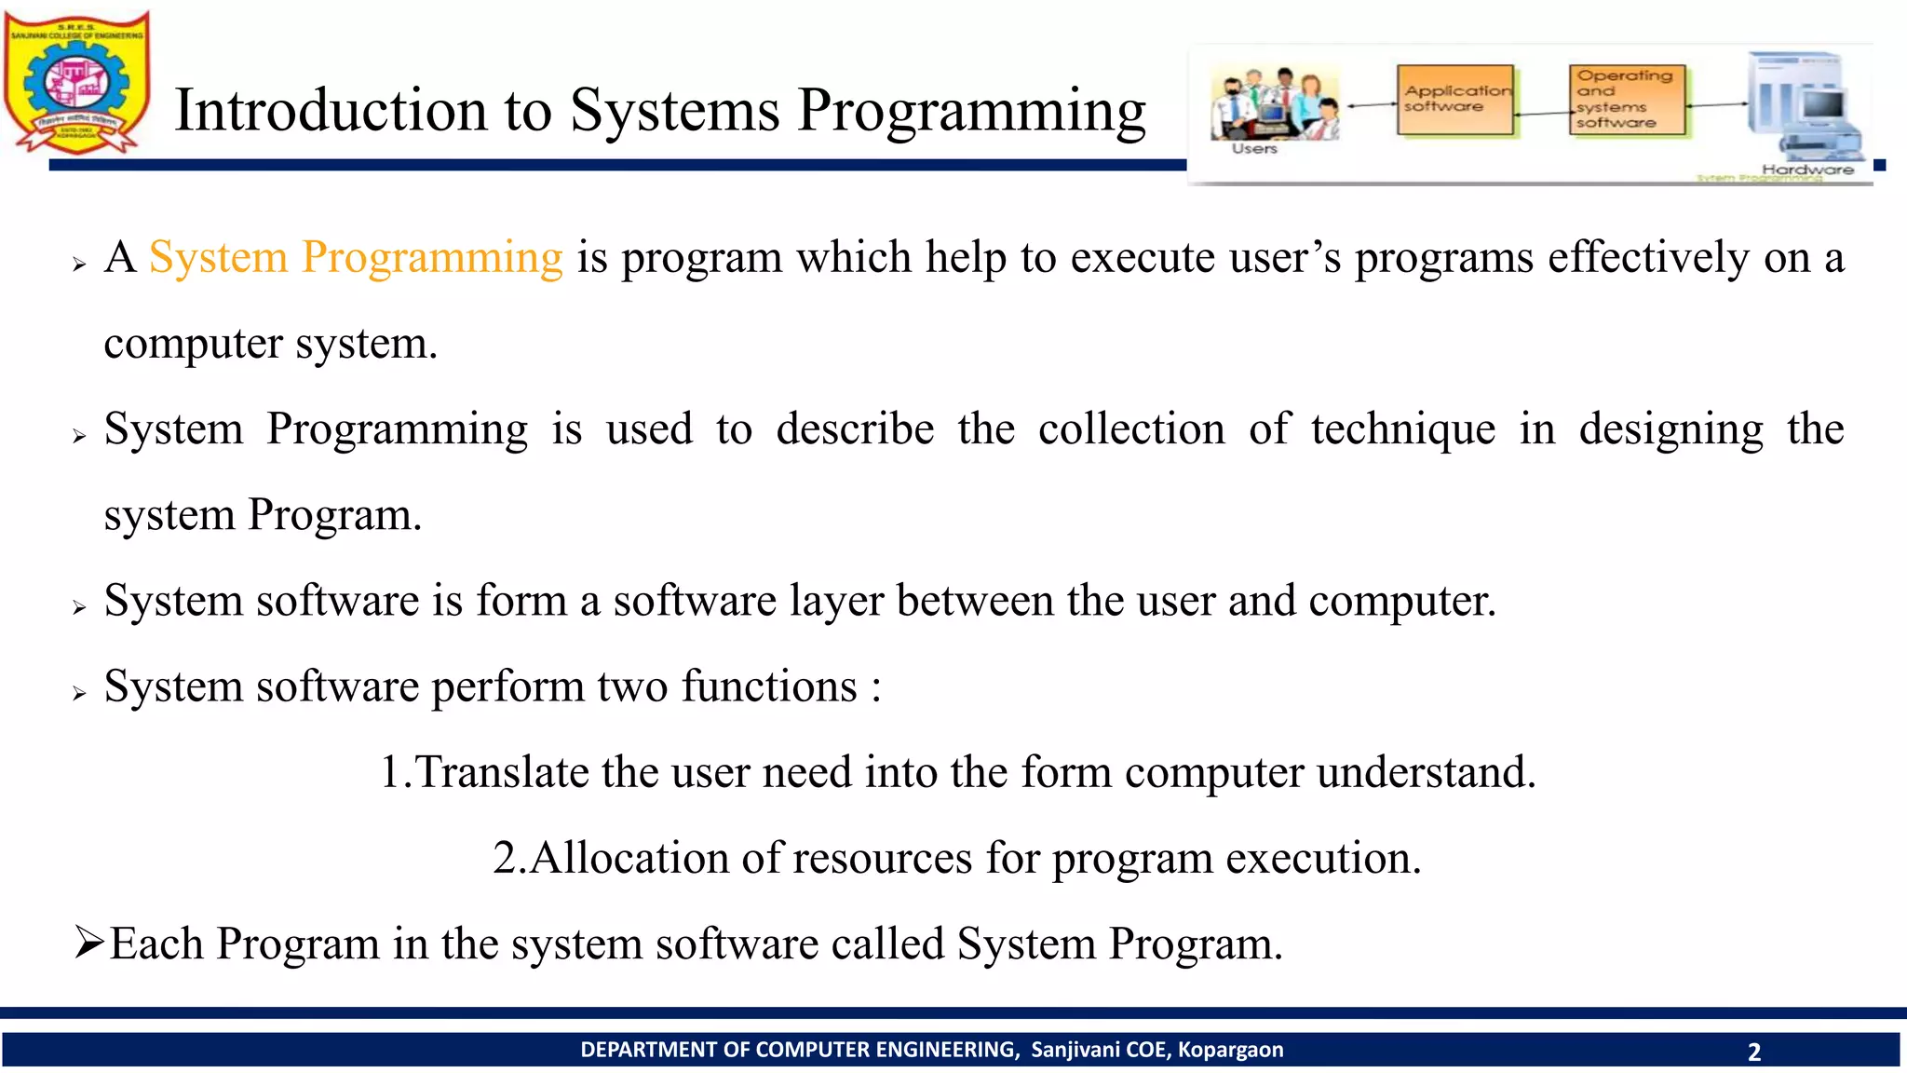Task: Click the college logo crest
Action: tap(76, 82)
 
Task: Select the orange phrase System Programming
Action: tap(356, 257)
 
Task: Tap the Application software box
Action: tap(1454, 100)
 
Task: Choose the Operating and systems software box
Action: tap(1626, 100)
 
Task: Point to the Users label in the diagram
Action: tap(1254, 149)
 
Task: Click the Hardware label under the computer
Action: tap(1807, 170)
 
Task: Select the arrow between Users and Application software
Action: tap(1370, 105)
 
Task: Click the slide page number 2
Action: tap(1754, 1052)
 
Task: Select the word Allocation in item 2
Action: tap(629, 858)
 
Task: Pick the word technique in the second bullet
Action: tap(1403, 429)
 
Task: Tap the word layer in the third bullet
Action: tap(837, 601)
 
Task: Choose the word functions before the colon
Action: tap(769, 686)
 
